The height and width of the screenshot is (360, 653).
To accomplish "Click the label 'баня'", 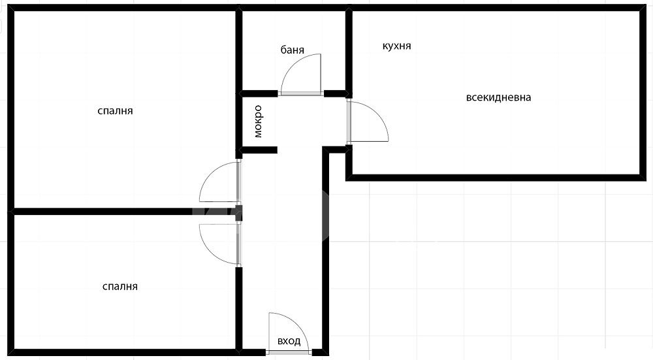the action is tap(292, 50).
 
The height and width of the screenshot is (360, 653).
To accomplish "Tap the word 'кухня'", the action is tap(396, 46).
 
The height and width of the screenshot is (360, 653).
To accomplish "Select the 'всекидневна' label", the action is tap(498, 97).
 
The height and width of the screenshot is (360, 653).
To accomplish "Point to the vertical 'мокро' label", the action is tap(258, 122).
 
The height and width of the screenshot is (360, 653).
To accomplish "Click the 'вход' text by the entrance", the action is tap(289, 341).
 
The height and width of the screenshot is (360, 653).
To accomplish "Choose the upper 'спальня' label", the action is tap(115, 111).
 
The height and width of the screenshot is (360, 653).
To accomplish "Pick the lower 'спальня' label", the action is tap(120, 287).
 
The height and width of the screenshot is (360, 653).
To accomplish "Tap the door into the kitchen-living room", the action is tap(377, 112).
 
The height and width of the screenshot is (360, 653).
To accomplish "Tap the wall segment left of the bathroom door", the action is tap(259, 93).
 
